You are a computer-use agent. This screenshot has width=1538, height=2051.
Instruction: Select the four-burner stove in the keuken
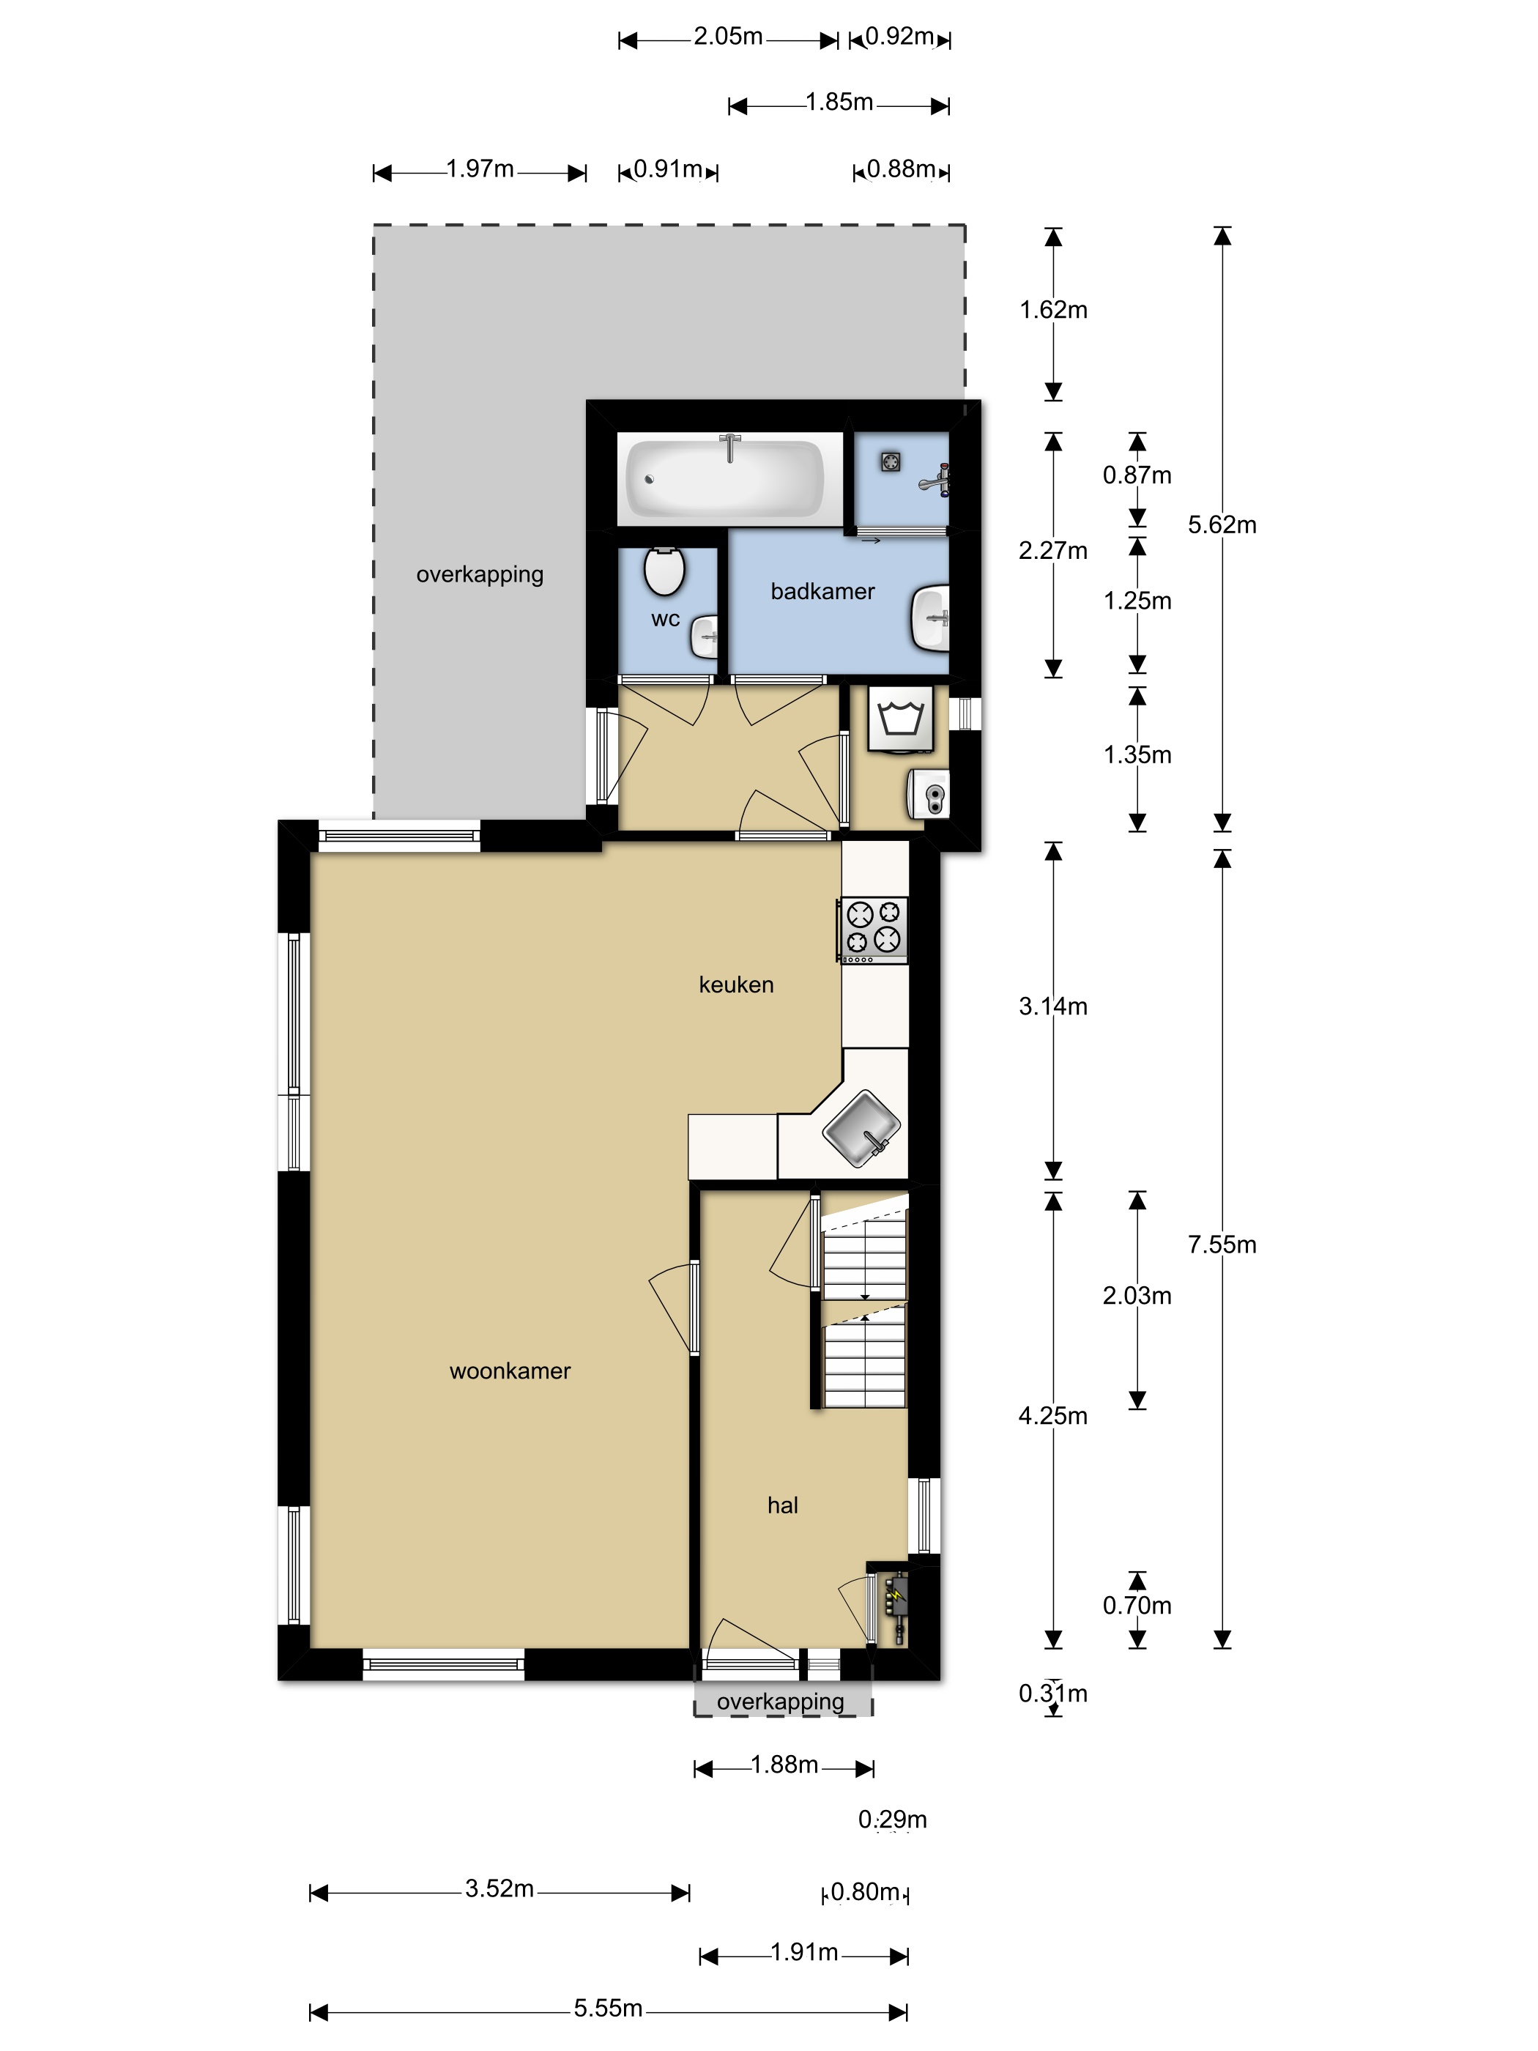coord(872,928)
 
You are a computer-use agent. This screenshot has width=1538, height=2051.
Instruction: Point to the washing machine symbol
coord(901,719)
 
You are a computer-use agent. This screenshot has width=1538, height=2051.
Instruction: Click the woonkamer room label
coord(510,1371)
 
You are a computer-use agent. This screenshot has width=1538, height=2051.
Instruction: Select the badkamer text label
coord(822,592)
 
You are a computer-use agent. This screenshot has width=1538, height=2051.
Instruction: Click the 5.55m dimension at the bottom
coord(607,2008)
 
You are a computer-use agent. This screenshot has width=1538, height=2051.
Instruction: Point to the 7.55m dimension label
coord(1222,1245)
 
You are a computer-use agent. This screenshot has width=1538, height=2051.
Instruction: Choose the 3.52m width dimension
coord(499,1888)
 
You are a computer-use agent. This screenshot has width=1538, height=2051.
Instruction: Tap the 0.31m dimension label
coord(1052,1693)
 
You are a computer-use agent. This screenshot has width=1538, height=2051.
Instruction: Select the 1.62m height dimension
coord(1053,310)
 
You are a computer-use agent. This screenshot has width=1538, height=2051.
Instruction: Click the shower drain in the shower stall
coord(891,461)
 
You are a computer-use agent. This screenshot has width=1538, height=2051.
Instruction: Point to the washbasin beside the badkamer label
coord(931,617)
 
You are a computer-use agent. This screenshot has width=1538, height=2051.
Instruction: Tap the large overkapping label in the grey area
coord(479,574)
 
